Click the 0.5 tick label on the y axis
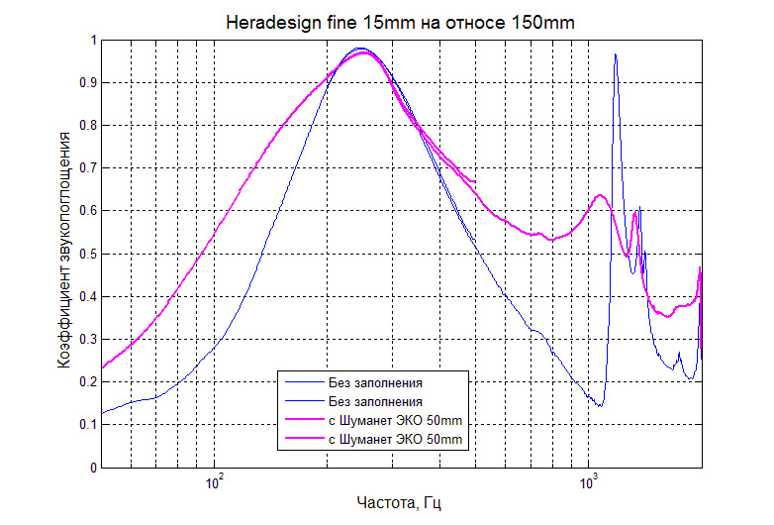pyautogui.click(x=84, y=255)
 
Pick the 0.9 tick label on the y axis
pyautogui.click(x=84, y=83)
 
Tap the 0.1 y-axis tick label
pyautogui.click(x=84, y=425)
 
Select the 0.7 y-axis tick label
pyautogui.click(x=84, y=168)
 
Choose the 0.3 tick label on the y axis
pyautogui.click(x=84, y=340)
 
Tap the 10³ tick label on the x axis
pyautogui.click(x=590, y=483)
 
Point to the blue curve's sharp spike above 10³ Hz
pyautogui.click(x=616, y=55)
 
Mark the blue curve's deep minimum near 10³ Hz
pyautogui.click(x=600, y=406)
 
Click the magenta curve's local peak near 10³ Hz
pyautogui.click(x=600, y=195)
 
